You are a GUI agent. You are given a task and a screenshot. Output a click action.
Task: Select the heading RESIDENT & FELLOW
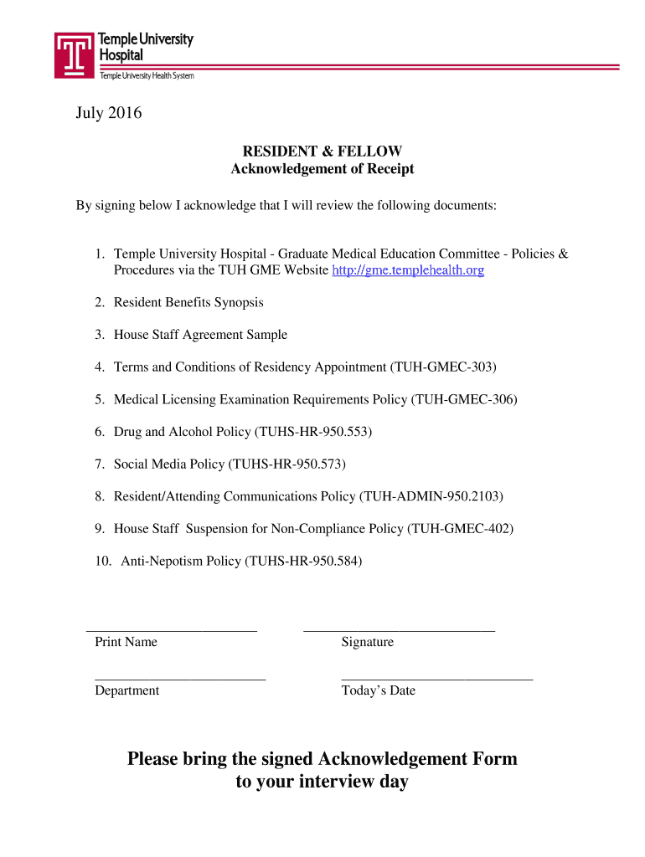[322, 151]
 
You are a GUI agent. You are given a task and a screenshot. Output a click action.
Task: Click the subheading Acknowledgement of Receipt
[322, 169]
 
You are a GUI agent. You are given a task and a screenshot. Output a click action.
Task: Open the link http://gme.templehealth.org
[408, 270]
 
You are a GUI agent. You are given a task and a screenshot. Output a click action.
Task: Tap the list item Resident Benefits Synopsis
[188, 302]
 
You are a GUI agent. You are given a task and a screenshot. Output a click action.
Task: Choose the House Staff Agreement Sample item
[200, 335]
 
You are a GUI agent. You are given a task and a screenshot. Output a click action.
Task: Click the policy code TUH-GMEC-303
[443, 367]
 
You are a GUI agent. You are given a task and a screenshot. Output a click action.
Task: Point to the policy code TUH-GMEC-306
[464, 399]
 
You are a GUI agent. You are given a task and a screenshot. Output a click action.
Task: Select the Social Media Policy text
[169, 464]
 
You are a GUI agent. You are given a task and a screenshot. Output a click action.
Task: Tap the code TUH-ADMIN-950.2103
[431, 496]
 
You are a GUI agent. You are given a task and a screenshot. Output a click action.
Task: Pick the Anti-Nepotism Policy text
[180, 562]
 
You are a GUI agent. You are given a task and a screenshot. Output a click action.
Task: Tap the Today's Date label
[378, 690]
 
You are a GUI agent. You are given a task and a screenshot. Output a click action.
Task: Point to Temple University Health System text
[147, 76]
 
